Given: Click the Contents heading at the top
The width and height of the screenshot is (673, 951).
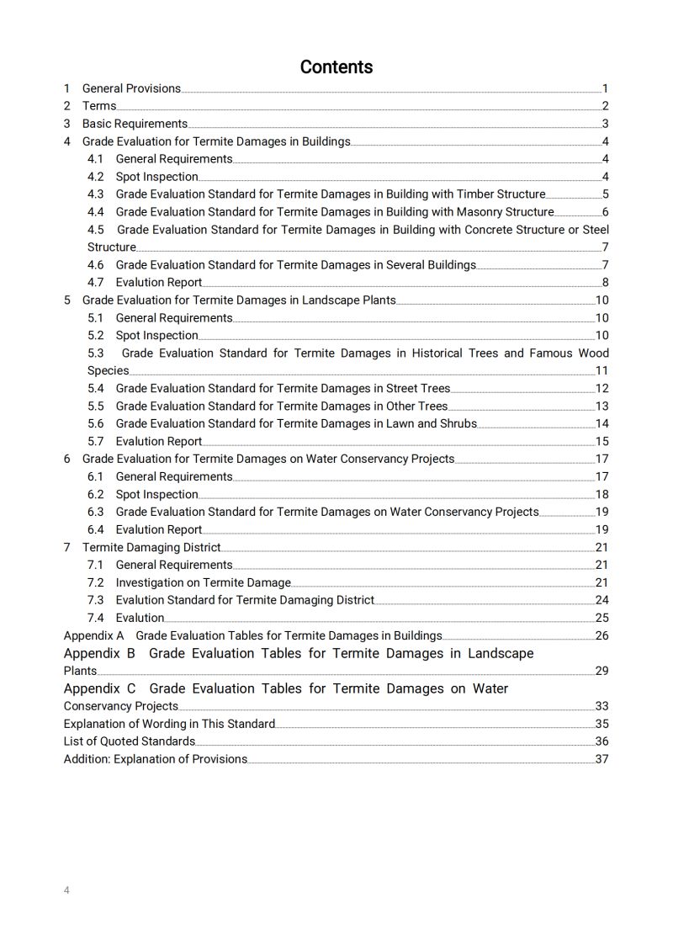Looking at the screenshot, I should [336, 67].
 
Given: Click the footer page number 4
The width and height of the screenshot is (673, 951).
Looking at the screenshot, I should [67, 890].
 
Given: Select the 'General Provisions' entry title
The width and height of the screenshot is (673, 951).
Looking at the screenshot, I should [131, 88].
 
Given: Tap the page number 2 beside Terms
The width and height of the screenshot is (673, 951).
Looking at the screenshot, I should [605, 106].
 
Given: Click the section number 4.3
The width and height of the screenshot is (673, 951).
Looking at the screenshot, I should [96, 194].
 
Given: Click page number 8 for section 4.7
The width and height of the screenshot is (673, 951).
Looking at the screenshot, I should [605, 283].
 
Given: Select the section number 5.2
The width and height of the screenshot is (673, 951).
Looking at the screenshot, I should [96, 336].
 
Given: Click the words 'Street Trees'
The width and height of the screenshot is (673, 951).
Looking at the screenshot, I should [418, 389].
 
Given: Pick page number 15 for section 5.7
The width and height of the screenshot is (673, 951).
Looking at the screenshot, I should [602, 442].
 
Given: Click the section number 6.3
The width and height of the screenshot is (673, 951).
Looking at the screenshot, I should [96, 512].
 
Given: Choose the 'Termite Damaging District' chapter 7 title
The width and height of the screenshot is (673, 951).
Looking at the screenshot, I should [151, 548].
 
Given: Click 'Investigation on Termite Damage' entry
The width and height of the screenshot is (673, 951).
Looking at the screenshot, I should [203, 582].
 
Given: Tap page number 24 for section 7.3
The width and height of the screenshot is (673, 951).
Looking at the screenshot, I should [602, 600].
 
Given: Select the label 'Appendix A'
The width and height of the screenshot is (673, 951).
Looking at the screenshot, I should [94, 635].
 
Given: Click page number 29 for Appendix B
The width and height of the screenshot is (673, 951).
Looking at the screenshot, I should [602, 671].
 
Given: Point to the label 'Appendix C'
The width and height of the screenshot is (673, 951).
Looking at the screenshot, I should [100, 688].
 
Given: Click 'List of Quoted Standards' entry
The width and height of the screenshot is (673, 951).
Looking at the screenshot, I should [130, 741].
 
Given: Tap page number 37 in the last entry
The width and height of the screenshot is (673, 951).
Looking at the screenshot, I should [602, 759].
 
